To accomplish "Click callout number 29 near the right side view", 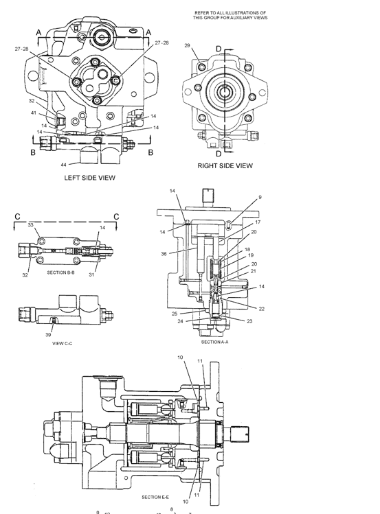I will (187, 45).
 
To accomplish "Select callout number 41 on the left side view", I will (34, 113).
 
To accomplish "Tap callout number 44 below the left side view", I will (64, 165).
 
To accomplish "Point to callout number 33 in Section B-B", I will (30, 224).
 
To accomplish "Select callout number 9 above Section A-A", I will (260, 198).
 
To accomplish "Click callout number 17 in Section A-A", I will (258, 222).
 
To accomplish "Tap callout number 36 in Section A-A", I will (164, 253).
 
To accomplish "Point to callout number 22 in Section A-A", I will (262, 308).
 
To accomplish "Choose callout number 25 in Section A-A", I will (176, 314).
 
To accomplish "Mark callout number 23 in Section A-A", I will (249, 320).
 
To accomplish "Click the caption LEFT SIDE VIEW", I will (89, 178).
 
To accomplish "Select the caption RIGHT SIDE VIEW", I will (225, 165).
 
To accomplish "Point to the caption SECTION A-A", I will (214, 341).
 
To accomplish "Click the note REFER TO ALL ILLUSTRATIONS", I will (230, 15).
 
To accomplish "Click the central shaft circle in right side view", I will (225, 92).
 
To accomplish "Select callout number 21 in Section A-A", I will (254, 271).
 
